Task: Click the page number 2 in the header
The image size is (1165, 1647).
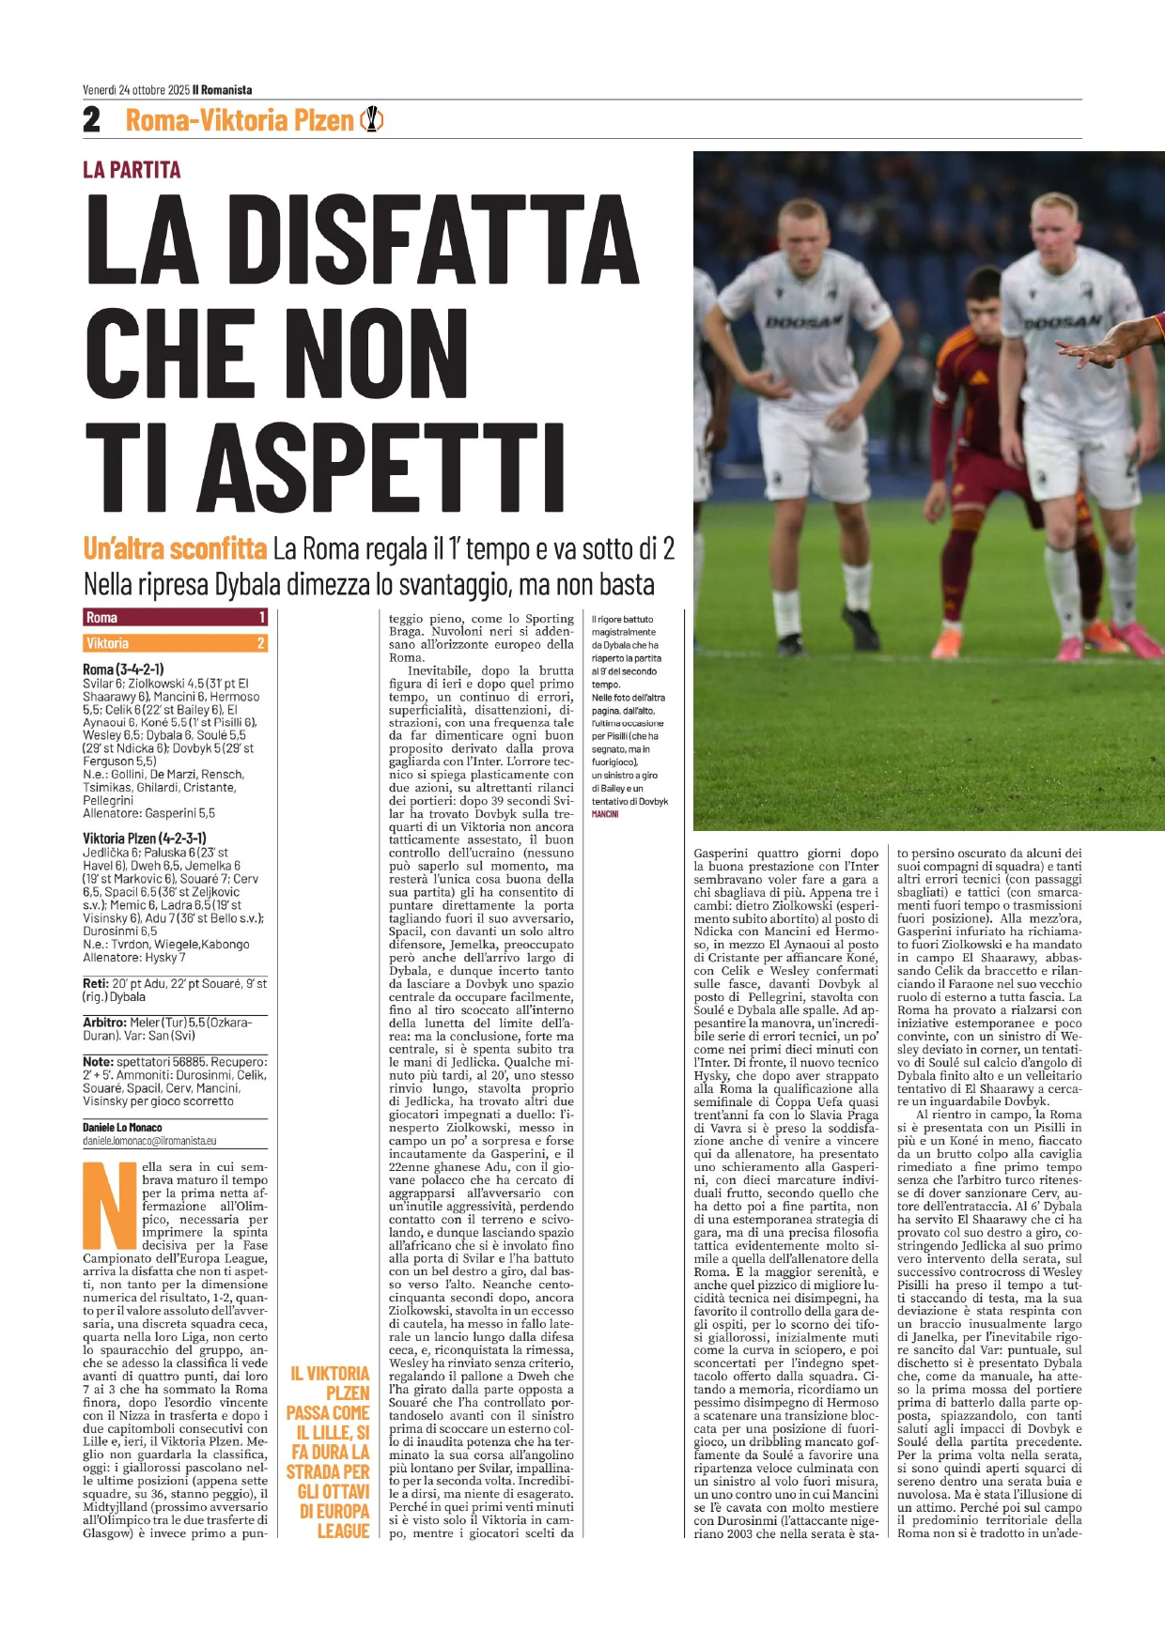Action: [92, 120]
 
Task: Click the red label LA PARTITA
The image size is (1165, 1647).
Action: [132, 170]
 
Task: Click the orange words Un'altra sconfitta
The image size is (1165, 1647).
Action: [175, 548]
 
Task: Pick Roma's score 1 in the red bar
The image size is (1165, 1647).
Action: [262, 617]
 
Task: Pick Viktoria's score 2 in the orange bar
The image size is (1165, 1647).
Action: [261, 643]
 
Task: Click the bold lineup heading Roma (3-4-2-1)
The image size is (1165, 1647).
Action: [123, 670]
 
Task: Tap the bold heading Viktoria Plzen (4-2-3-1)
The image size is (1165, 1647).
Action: [145, 838]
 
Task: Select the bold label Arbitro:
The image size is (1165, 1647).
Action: [105, 1022]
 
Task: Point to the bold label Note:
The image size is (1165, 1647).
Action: [98, 1062]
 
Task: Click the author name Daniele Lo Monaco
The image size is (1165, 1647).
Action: [122, 1127]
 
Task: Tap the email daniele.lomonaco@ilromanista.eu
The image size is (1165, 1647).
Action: [149, 1141]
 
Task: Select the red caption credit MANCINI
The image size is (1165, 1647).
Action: [605, 814]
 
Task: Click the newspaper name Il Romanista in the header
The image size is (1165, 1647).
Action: [223, 90]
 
